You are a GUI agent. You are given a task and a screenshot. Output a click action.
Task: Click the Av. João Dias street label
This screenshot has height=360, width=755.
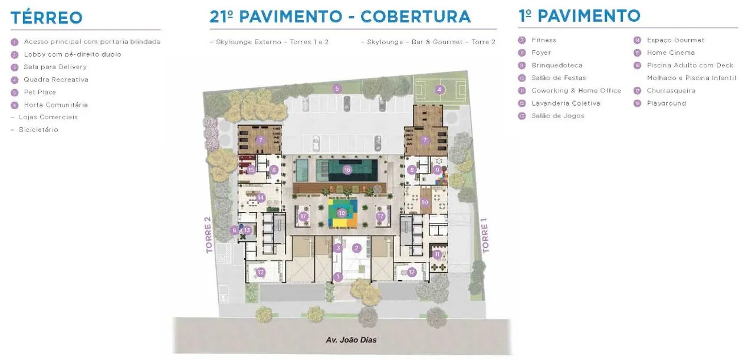pos(351,340)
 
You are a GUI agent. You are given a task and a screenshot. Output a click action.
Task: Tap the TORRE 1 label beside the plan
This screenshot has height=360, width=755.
pos(485,235)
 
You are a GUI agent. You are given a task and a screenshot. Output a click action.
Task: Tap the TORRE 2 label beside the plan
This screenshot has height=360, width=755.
pos(208,235)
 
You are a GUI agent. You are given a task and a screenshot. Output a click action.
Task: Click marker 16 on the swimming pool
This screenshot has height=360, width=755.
pos(347,170)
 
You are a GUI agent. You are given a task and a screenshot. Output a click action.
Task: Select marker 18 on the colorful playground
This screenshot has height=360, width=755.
pos(342,212)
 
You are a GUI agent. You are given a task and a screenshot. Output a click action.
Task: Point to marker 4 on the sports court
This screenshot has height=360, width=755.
pos(439,90)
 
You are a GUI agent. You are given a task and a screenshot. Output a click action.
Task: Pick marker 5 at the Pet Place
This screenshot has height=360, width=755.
pos(337,89)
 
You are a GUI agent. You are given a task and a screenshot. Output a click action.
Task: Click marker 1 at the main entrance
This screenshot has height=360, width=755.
pos(338,276)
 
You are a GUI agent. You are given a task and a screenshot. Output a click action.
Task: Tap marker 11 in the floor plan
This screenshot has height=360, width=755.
pos(437,254)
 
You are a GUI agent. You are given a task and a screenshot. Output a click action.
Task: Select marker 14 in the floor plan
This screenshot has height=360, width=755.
pos(260,198)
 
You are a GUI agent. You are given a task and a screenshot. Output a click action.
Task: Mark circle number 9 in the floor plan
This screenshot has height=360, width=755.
pos(437,169)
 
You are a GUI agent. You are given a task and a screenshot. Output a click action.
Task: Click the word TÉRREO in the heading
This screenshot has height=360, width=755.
pos(47,17)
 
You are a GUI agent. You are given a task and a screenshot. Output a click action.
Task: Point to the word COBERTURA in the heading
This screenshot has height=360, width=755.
pos(415,16)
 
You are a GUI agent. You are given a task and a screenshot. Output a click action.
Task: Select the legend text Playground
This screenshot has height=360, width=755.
pos(666,103)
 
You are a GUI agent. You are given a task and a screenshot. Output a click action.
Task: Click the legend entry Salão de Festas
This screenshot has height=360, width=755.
pos(558,78)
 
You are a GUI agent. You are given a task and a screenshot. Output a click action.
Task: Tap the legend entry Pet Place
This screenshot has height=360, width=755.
pos(40,92)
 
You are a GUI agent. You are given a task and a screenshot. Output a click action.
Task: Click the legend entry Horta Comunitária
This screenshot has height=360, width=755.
pos(55,105)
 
